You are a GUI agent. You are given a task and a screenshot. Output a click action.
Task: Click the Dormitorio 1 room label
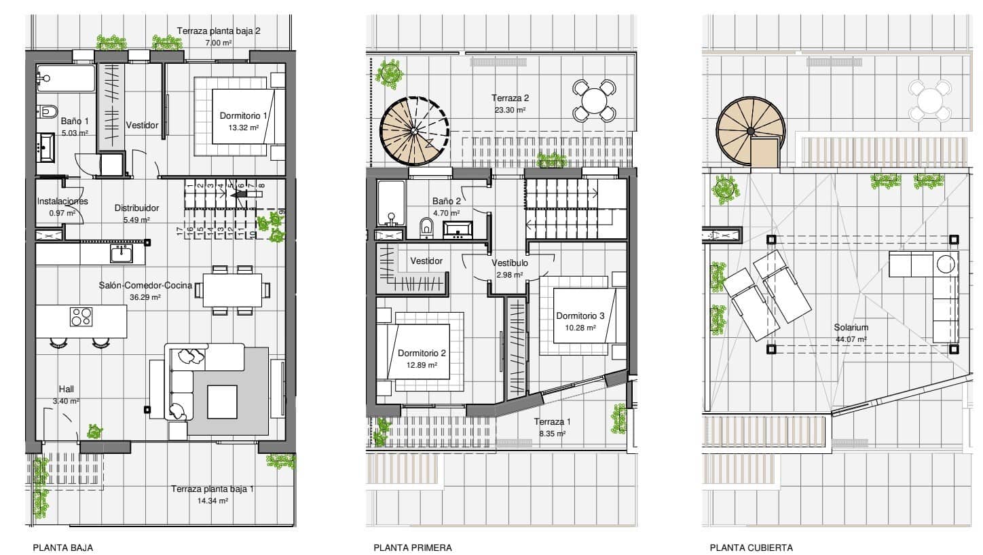[x=243, y=116]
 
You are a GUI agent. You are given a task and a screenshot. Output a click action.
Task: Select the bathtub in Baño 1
[x=66, y=79]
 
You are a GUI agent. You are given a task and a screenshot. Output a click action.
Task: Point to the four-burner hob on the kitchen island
[x=81, y=317]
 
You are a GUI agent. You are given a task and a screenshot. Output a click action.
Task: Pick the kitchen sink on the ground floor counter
[x=122, y=254]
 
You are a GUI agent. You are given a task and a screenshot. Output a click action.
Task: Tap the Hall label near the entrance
[x=66, y=389]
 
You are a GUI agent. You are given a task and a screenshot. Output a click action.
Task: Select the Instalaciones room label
[x=62, y=202]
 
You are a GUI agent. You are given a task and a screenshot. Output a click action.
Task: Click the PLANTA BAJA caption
[x=62, y=548]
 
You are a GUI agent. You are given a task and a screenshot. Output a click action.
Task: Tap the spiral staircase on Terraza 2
[x=414, y=131]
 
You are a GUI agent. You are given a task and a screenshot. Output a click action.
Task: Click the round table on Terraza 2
[x=593, y=100]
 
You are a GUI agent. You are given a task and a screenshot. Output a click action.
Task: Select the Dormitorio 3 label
[x=580, y=316]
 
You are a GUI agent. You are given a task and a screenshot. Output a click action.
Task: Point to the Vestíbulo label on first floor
[x=509, y=263]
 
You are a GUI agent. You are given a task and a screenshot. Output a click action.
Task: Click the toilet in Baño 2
[x=426, y=227]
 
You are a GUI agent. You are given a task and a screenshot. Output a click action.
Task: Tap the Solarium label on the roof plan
[x=851, y=328]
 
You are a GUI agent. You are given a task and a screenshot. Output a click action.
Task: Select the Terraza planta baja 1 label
[x=212, y=489]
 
